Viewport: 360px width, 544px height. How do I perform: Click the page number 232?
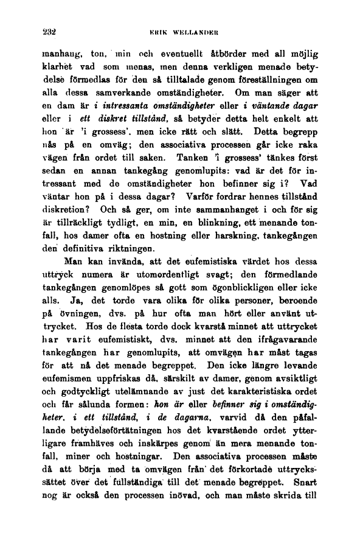coord(27,28)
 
